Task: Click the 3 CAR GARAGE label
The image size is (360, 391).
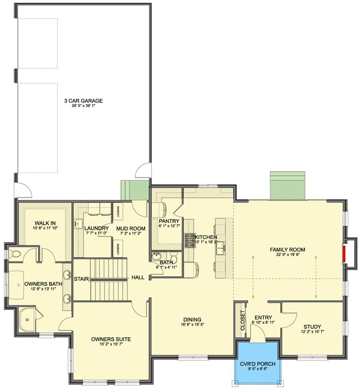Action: click(x=83, y=101)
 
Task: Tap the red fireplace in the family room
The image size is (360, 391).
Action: click(x=345, y=254)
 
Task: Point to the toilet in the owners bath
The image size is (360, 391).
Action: click(x=15, y=254)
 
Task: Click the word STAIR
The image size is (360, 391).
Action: click(x=81, y=280)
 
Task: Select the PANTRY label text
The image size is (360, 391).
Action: click(x=169, y=221)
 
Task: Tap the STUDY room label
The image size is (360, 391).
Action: click(x=312, y=327)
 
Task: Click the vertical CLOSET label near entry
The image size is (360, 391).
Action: click(x=242, y=320)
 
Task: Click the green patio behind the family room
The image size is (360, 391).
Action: click(x=288, y=186)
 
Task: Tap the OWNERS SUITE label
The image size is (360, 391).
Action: click(x=111, y=339)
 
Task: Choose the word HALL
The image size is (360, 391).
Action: click(x=138, y=278)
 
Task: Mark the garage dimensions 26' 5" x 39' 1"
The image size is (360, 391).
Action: click(x=83, y=107)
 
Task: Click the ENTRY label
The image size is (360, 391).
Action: click(x=263, y=317)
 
